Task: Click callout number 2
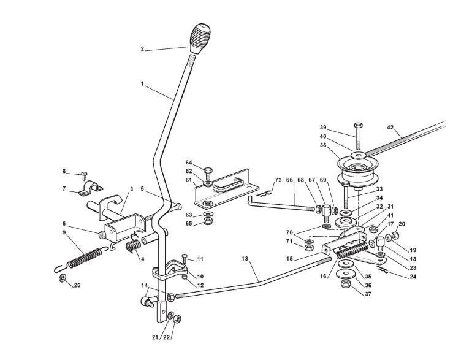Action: point(143,49)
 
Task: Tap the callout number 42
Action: point(390,128)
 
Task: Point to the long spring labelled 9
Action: point(86,257)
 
